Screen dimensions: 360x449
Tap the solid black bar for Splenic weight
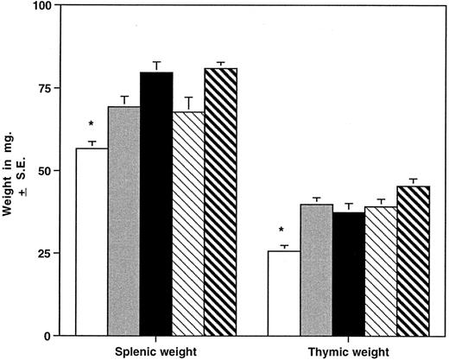156,204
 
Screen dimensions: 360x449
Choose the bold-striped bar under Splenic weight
220,201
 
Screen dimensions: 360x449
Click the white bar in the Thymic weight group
283,293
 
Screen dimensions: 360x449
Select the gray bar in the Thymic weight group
316,269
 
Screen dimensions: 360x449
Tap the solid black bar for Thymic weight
348,274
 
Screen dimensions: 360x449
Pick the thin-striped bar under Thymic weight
380,270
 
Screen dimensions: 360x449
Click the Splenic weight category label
156,352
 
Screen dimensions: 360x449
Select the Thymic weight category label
347,352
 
